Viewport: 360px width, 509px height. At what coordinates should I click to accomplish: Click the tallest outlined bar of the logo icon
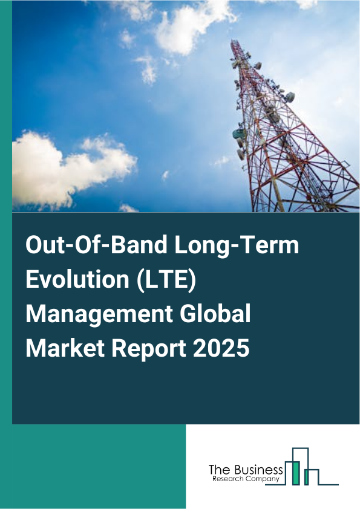300,465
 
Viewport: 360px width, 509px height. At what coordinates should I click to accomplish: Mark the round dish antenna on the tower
290,97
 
